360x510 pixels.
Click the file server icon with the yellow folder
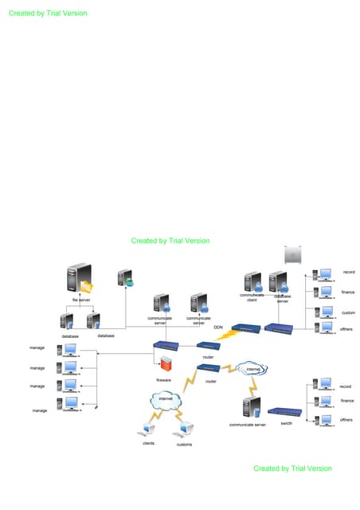80,280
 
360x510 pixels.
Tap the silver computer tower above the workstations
293,255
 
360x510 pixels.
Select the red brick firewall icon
166,364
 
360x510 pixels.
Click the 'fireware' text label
163,380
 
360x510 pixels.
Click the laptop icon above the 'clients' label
148,431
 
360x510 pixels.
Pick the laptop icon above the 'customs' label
185,431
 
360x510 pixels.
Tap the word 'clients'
148,443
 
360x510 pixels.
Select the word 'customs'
184,444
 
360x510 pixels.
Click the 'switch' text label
287,424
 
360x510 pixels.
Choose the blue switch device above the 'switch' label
284,411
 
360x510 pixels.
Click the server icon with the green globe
126,278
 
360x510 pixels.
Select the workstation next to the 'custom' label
323,312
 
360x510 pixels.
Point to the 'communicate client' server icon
253,282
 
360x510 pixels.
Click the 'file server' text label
80,300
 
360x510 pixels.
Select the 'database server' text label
283,298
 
